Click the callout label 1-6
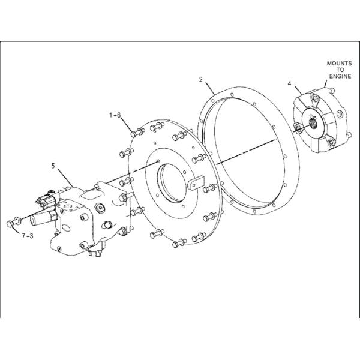(115, 115)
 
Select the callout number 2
(201, 80)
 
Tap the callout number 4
(289, 83)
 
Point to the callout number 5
(53, 166)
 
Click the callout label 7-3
(28, 236)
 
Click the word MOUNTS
(339, 64)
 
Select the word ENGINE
(340, 76)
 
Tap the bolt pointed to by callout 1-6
(137, 133)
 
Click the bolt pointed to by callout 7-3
(13, 222)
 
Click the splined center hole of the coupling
(313, 125)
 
